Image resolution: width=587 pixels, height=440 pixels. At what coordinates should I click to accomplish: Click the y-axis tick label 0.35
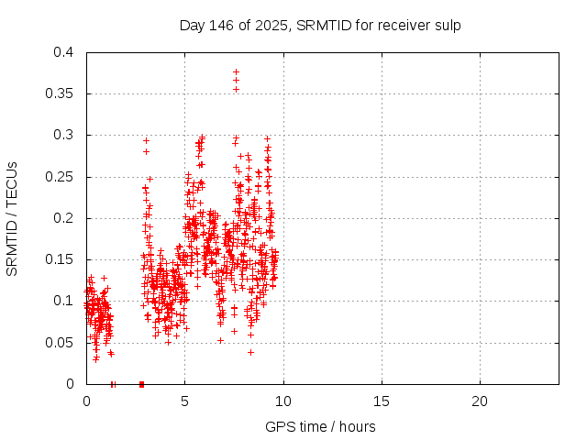point(62,93)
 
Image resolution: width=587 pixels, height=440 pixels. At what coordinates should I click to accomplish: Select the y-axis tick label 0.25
point(62,177)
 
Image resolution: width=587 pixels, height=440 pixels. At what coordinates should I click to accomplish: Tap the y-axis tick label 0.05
point(62,343)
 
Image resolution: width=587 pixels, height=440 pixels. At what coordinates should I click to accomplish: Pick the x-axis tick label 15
point(381,401)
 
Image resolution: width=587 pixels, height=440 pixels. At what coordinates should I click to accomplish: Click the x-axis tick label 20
point(479,401)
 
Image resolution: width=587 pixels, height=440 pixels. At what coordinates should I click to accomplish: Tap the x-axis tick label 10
point(282,401)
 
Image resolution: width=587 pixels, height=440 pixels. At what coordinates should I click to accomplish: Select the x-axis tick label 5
point(184,401)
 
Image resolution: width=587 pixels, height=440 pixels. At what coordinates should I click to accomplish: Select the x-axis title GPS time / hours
point(320,426)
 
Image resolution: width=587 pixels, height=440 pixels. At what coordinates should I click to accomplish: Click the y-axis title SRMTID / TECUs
point(12,218)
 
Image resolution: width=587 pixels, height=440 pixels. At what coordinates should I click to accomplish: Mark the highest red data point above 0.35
point(236,71)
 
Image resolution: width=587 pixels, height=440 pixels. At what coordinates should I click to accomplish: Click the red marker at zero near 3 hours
point(141,384)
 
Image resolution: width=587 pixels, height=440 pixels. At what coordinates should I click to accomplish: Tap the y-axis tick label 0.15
point(62,259)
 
